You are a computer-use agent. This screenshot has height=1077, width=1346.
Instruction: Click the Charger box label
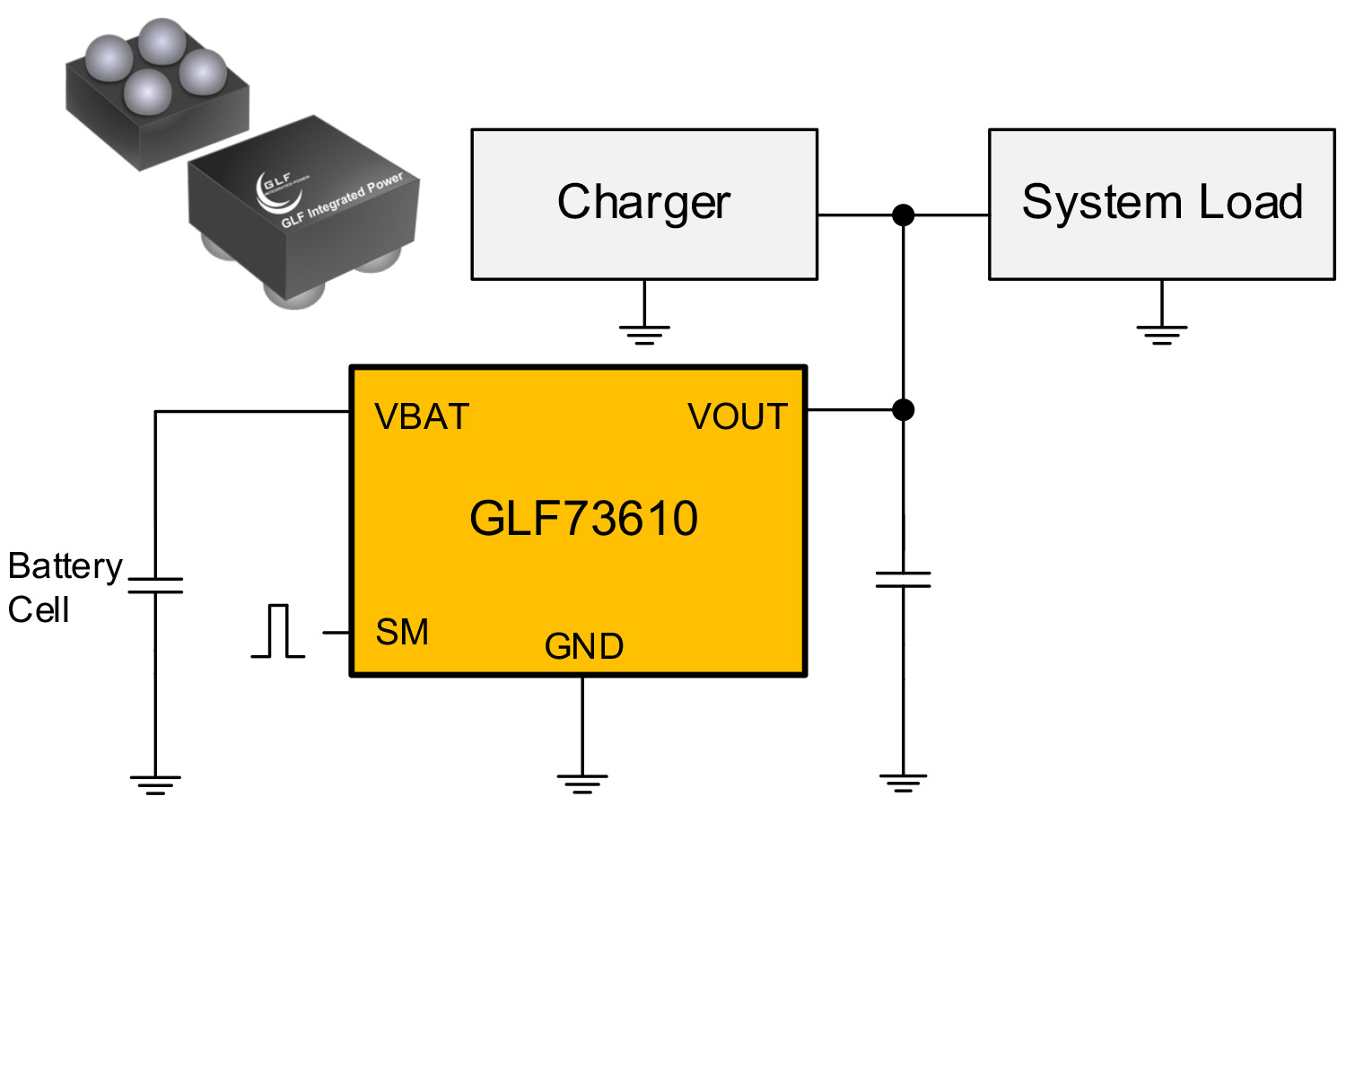(643, 202)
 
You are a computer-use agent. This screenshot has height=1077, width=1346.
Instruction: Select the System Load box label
(1161, 202)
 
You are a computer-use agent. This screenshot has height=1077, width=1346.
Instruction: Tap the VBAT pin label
(422, 417)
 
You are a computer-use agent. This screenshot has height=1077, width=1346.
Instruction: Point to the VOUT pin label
(737, 417)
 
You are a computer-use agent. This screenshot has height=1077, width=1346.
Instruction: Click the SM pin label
(402, 633)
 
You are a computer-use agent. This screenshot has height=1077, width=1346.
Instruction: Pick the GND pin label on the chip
(583, 647)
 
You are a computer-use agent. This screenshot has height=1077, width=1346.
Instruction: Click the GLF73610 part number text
(583, 519)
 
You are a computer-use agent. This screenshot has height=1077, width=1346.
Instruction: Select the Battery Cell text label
(63, 588)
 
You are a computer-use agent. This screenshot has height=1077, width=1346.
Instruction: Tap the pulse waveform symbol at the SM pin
(278, 632)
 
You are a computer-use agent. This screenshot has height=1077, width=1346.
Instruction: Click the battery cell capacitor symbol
(155, 585)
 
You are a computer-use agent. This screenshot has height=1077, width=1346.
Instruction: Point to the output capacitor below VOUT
(903, 579)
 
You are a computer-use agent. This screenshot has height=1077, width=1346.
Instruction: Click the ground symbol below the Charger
(644, 335)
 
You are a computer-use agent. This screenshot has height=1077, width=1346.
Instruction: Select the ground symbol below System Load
(1161, 335)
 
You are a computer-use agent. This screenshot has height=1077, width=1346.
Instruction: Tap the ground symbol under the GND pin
(582, 784)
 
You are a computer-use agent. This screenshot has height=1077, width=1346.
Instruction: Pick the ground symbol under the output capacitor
(903, 784)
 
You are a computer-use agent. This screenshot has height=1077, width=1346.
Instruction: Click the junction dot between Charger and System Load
(903, 215)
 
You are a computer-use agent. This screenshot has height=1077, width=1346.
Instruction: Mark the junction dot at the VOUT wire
(903, 410)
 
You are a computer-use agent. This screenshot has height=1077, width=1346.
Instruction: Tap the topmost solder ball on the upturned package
(162, 40)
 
